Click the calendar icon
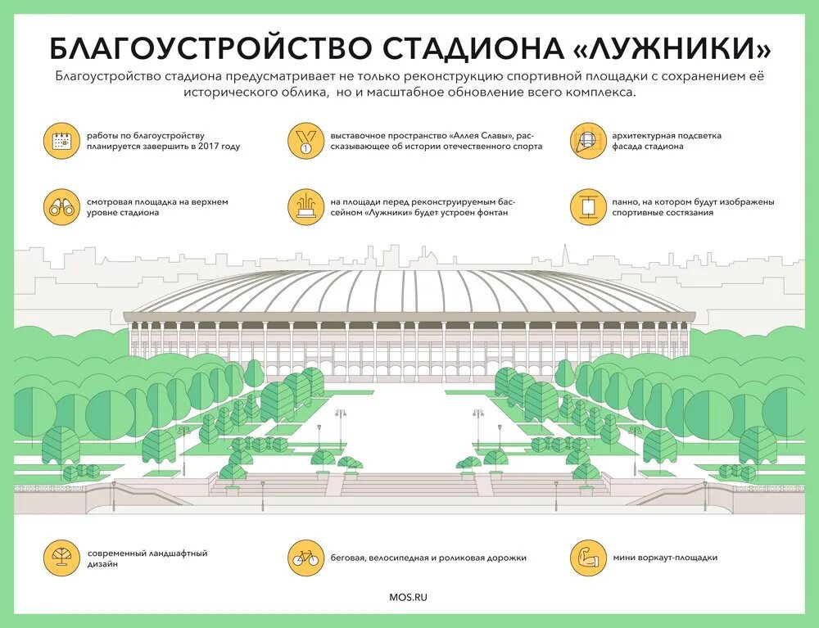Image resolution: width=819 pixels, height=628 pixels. [61, 142]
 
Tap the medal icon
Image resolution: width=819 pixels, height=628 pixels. [305, 142]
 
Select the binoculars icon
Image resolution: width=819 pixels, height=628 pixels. [61, 207]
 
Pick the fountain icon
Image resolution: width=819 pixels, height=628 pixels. [305, 207]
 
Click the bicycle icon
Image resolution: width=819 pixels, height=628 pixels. [305, 558]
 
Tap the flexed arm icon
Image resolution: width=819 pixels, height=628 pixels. [587, 558]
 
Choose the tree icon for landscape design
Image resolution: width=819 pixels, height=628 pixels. [61, 558]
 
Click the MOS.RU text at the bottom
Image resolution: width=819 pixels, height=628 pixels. [409, 597]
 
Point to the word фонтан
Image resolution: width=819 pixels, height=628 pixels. [491, 213]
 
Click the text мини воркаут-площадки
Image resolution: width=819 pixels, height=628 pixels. [664, 558]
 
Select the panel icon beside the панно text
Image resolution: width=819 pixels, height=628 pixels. [587, 207]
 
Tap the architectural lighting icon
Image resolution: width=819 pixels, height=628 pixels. [587, 142]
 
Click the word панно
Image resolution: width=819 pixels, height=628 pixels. [627, 201]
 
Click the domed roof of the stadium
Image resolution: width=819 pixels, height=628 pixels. [409, 291]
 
